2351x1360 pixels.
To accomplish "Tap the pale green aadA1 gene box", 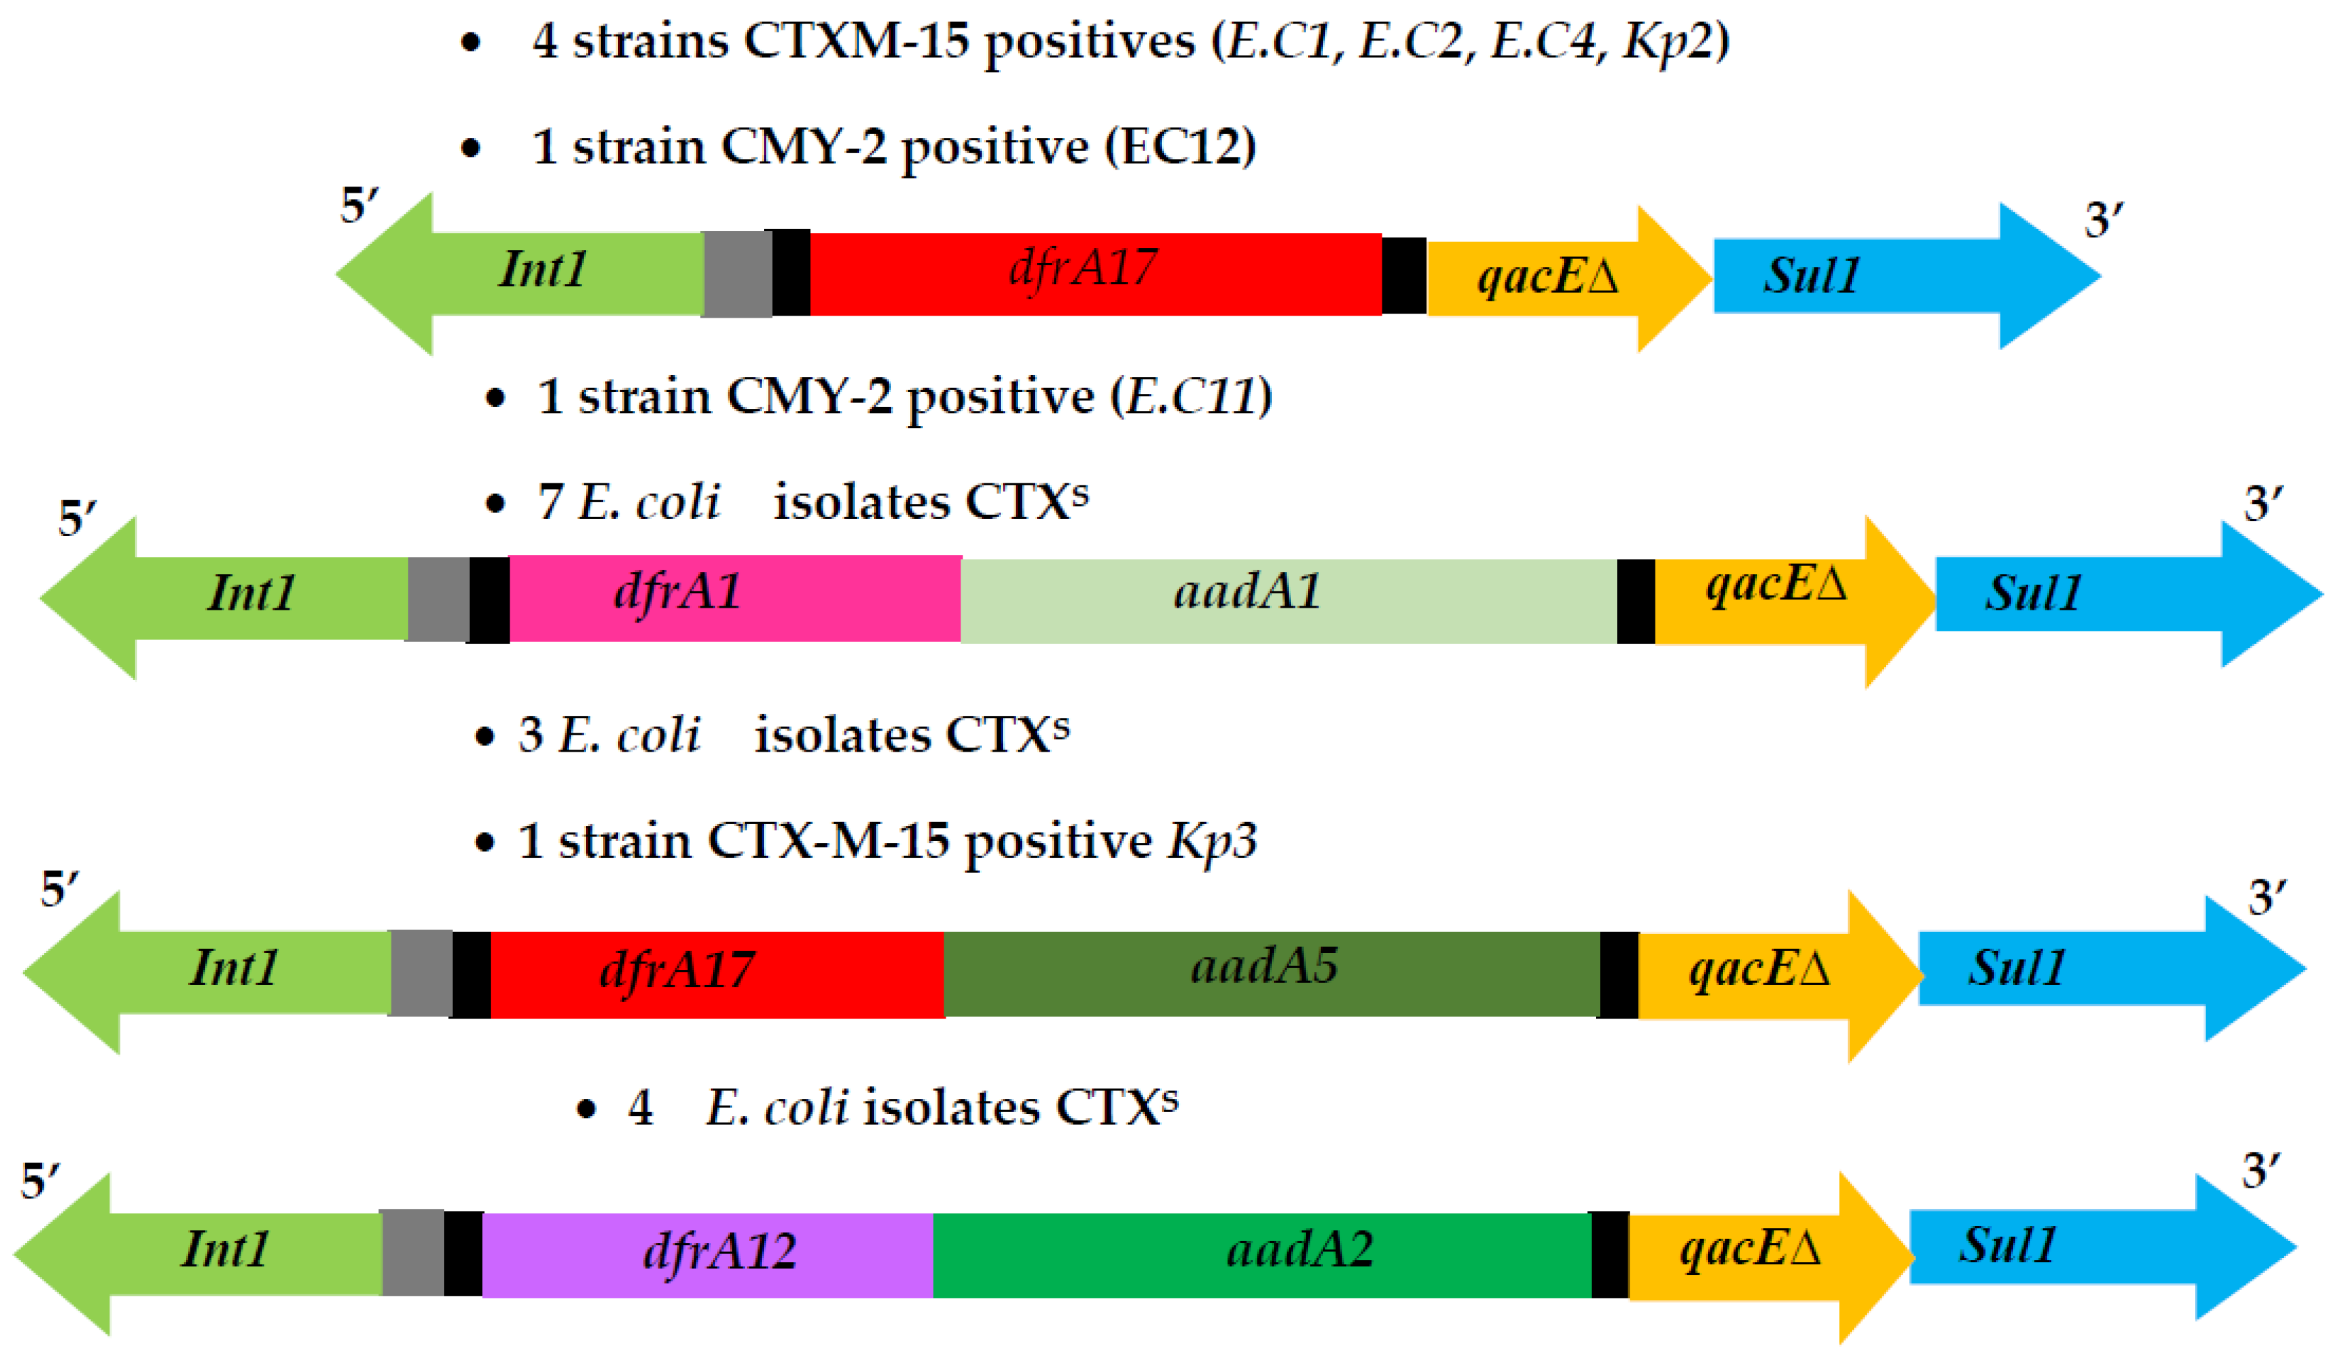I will click(x=1288, y=601).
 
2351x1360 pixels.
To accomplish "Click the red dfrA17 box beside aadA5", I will click(x=717, y=974).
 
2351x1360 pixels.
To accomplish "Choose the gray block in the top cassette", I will click(x=736, y=274).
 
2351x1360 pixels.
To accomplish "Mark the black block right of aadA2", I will click(x=1609, y=1254).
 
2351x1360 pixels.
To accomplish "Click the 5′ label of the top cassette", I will click(x=359, y=205).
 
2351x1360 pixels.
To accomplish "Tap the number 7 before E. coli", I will click(x=550, y=503).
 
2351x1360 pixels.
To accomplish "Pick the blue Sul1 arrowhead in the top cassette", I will click(x=2047, y=276).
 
